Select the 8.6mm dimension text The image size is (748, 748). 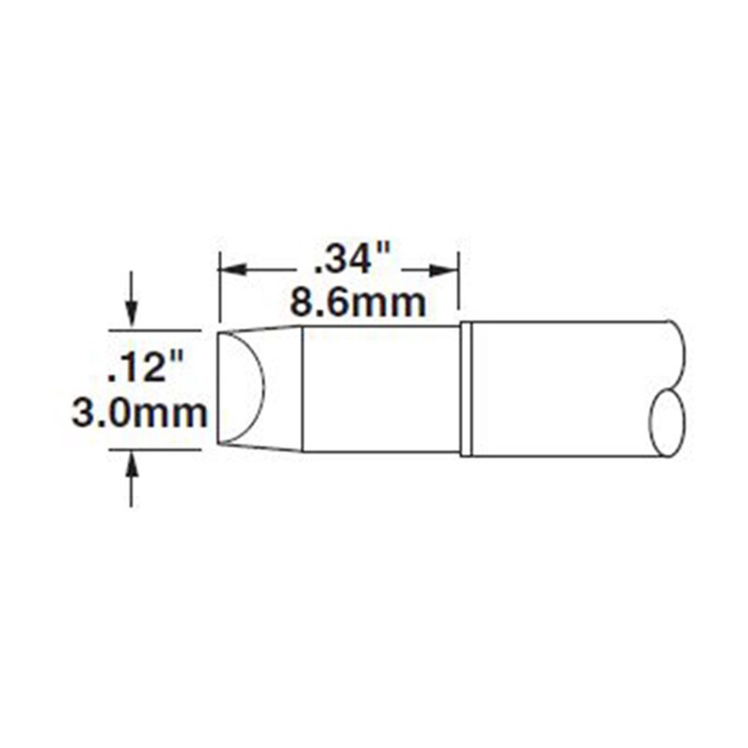[357, 303]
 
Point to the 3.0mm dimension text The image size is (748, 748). [139, 413]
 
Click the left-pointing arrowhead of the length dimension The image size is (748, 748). [232, 270]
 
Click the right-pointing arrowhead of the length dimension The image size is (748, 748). [440, 270]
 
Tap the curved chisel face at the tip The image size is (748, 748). [262, 386]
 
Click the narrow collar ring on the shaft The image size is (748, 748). [466, 389]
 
